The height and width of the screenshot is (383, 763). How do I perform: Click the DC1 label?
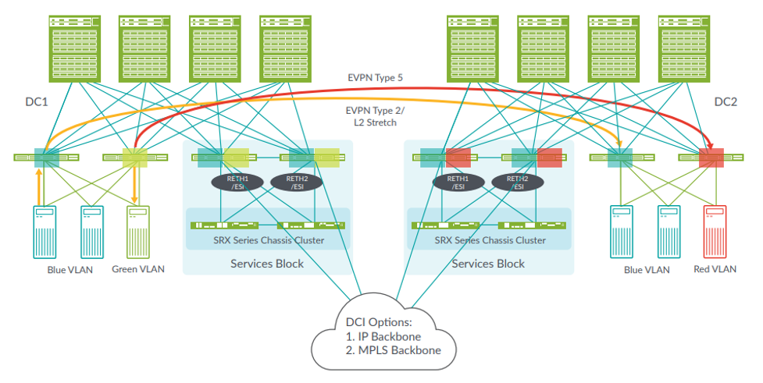tap(38, 102)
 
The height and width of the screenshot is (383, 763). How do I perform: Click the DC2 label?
tap(727, 102)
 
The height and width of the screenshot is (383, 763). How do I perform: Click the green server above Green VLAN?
tap(139, 232)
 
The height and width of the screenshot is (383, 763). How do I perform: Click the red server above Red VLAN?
tap(715, 232)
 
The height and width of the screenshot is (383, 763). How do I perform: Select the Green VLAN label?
tap(139, 270)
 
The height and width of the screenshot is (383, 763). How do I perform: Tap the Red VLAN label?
tap(715, 270)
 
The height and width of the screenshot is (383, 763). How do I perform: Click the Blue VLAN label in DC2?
tap(647, 270)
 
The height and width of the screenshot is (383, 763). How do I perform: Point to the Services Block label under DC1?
tap(267, 264)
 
